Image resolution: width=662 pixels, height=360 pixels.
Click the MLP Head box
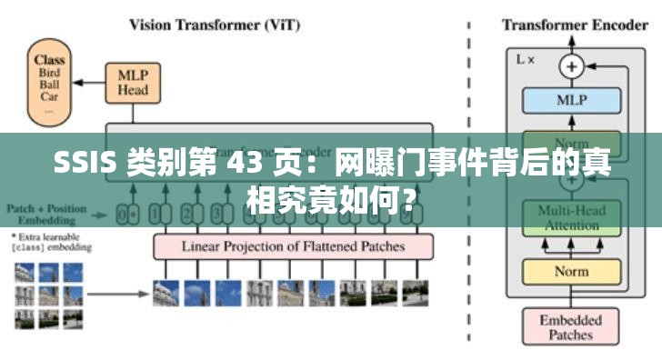point(133,83)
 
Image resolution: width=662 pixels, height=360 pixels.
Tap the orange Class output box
point(50,81)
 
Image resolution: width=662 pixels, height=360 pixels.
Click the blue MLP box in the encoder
point(572,100)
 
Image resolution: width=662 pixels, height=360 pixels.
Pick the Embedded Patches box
point(572,326)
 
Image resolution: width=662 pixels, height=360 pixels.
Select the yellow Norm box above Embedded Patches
point(572,271)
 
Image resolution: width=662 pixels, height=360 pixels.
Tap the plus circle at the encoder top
point(572,65)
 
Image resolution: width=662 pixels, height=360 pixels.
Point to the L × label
point(527,59)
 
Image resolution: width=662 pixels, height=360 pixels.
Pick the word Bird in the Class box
point(50,73)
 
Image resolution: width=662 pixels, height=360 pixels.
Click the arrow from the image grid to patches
point(118,293)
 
